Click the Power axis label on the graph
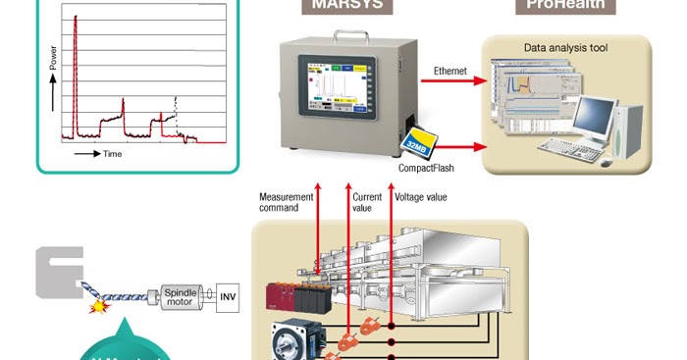click(x=51, y=65)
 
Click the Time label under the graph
click(x=113, y=154)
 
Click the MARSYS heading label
click(x=346, y=6)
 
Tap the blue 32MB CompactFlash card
click(x=416, y=144)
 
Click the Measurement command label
click(x=286, y=203)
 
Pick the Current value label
click(x=367, y=203)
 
